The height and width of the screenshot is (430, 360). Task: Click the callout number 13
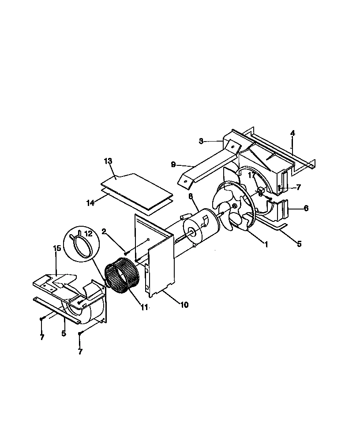109,161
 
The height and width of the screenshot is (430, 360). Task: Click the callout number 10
184,305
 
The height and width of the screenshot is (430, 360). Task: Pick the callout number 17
251,175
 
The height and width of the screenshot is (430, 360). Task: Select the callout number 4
292,133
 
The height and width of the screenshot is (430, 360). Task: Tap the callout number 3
201,141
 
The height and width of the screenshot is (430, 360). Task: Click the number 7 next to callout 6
299,187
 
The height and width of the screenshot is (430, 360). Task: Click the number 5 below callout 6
299,243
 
